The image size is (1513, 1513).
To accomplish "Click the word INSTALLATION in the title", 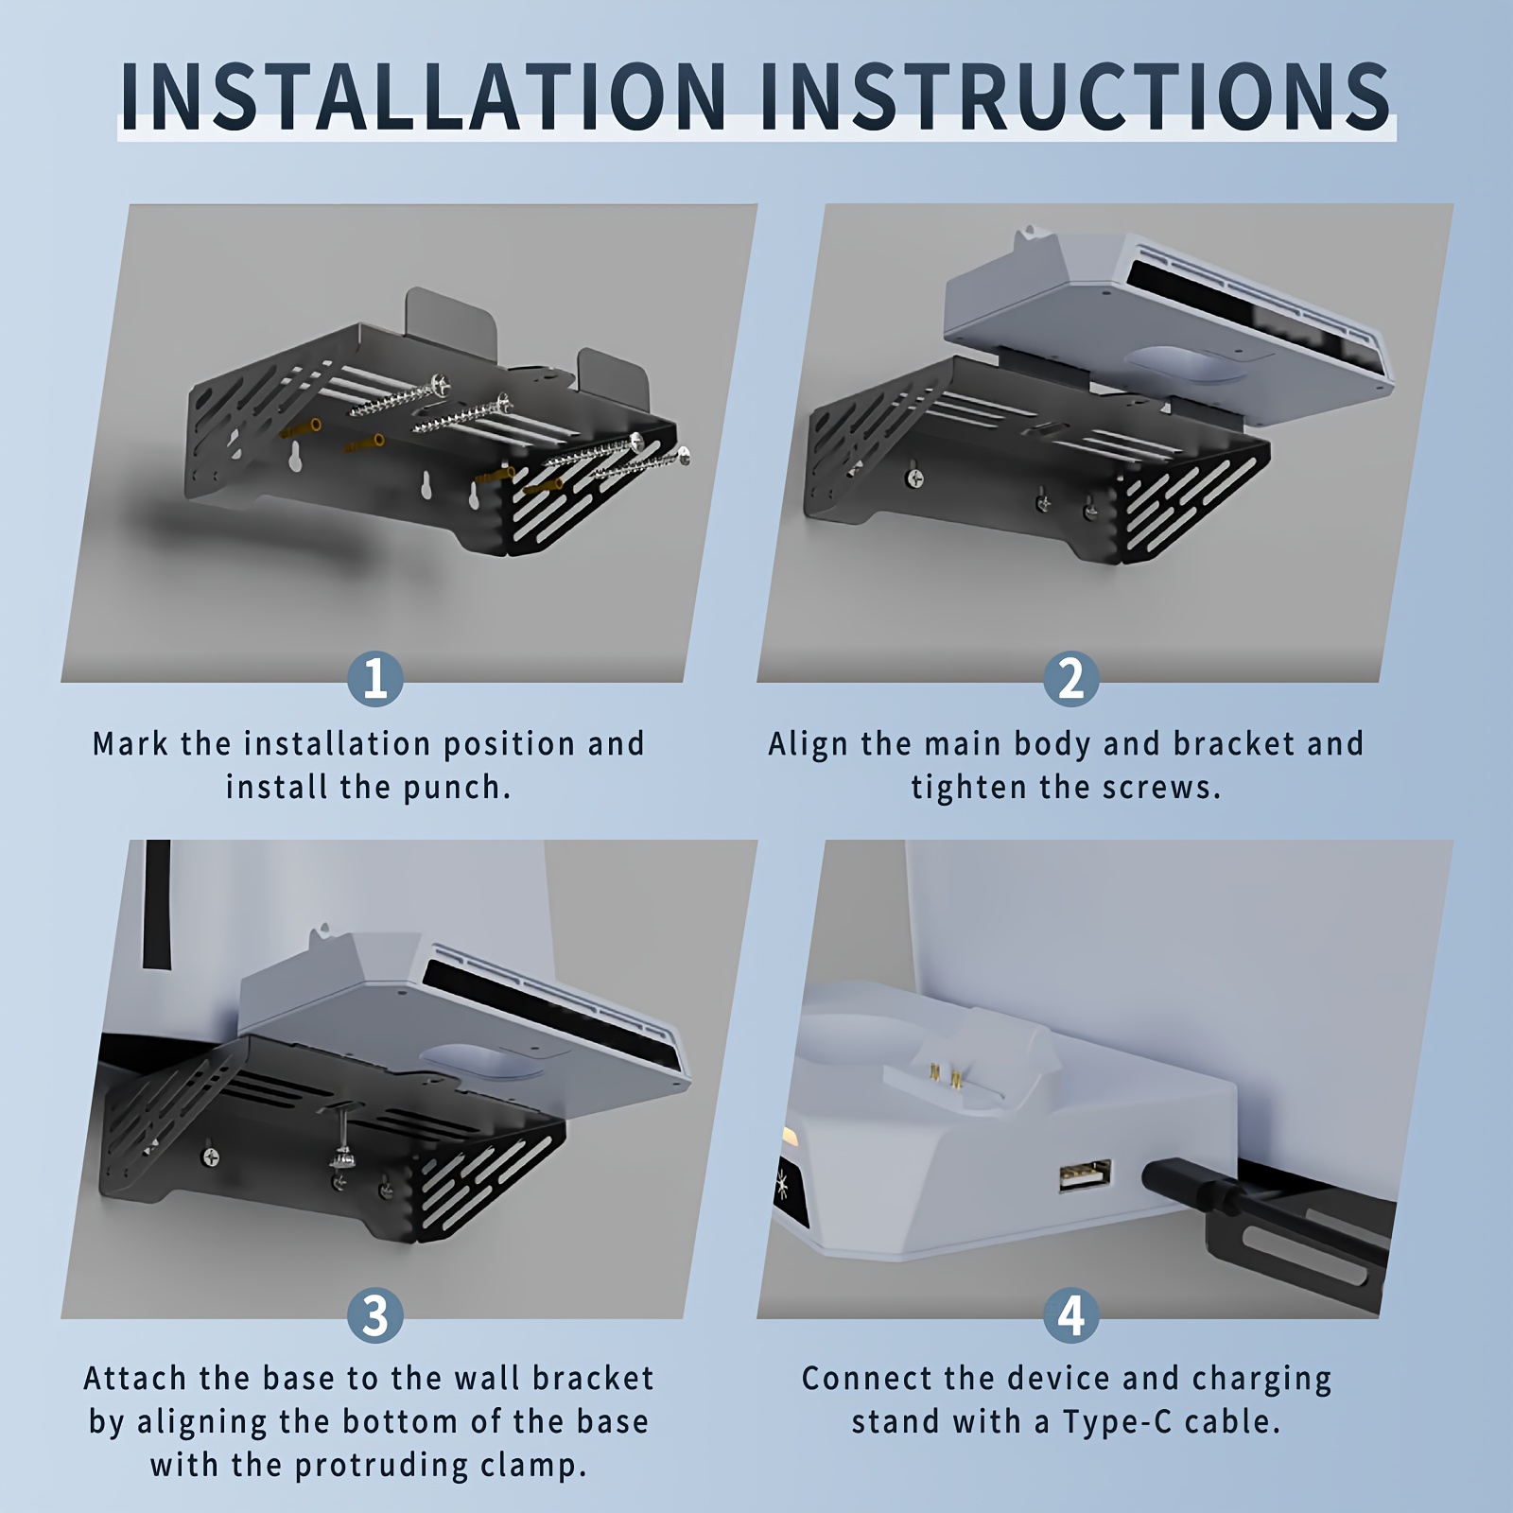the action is coord(424,96).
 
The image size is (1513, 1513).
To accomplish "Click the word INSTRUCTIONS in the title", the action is coord(1075,96).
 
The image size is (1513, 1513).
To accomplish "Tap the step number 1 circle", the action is coord(375,679).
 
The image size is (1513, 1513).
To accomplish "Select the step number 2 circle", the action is coord(1071,679).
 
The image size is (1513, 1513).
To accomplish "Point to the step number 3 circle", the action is coord(375,1314).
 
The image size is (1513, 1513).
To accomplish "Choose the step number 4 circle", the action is coord(1071,1314).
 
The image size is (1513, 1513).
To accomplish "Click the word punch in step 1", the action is coord(457,788).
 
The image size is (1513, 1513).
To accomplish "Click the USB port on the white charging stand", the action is coord(1085,1176).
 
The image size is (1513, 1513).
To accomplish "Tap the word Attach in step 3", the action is coord(136,1379).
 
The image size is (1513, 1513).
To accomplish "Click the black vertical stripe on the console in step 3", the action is coord(158,905).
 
